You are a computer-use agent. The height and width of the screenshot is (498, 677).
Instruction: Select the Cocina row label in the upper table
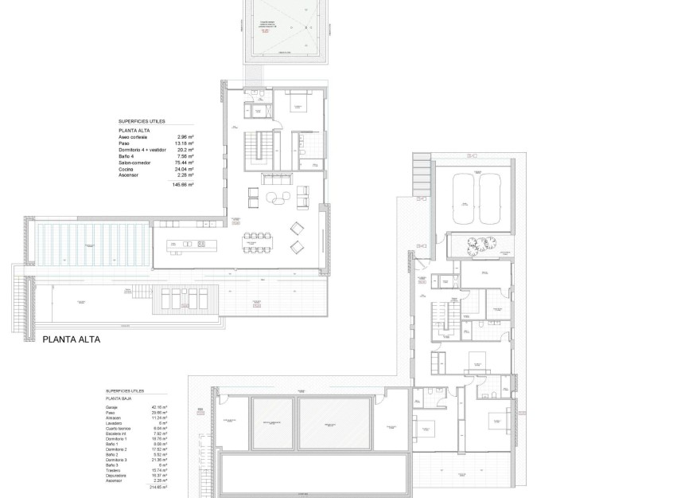[126, 169]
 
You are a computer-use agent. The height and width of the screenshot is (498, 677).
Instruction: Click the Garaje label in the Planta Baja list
[111, 407]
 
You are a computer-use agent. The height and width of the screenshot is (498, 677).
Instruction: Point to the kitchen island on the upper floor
[189, 243]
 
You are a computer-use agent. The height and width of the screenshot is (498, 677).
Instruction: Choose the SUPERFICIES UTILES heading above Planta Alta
[142, 122]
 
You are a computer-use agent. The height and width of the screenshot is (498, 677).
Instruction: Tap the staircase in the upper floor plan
[255, 149]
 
